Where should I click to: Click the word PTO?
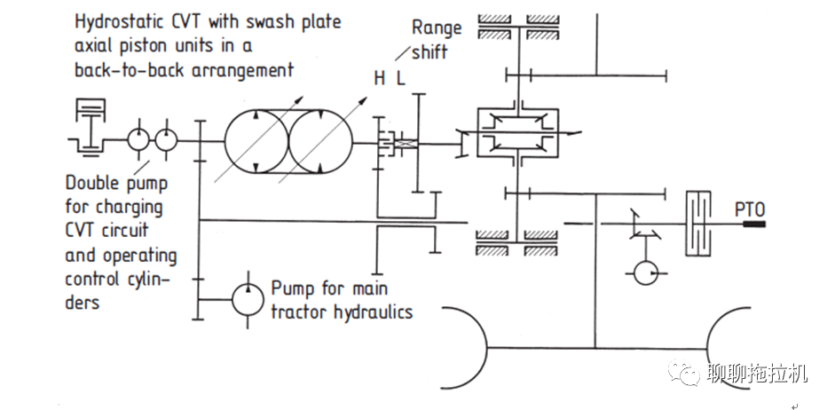pos(750,209)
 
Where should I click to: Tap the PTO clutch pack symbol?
pos(698,225)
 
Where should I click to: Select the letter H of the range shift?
pos(379,79)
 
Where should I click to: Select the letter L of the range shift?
pos(400,79)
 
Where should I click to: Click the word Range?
pos(437,28)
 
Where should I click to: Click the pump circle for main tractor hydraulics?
pos(248,300)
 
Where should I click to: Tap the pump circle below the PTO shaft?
pos(646,272)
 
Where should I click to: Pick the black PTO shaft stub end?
pos(754,225)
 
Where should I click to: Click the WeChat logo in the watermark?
pos(683,372)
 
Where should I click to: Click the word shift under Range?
pos(429,51)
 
